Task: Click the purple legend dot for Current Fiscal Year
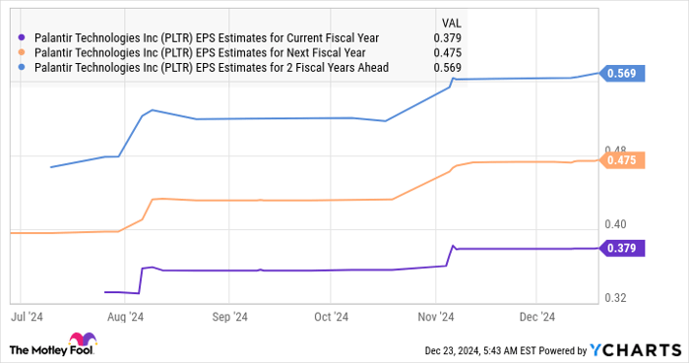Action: click(22, 37)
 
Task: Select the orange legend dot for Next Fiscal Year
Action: click(22, 52)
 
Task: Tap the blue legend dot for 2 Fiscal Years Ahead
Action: click(22, 67)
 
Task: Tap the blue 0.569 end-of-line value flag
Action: click(622, 75)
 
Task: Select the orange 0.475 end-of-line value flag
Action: click(622, 160)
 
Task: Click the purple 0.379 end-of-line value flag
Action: click(622, 249)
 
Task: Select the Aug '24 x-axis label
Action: click(126, 317)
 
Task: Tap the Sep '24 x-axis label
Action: click(228, 317)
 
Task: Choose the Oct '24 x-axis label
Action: click(332, 317)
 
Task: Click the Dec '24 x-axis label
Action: click(536, 317)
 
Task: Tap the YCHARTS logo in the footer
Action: click(634, 349)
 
